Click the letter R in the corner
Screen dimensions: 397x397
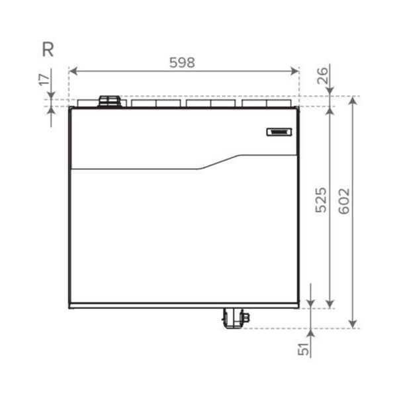[x=47, y=50]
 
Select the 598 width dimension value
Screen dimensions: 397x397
[x=182, y=63]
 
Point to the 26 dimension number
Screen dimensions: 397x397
[x=322, y=76]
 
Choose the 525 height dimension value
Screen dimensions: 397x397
[x=321, y=200]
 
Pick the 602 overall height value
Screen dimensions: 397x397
[x=344, y=200]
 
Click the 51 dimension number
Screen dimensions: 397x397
[x=304, y=349]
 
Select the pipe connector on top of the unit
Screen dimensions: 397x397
[x=110, y=101]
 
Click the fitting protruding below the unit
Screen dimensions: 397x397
[x=234, y=318]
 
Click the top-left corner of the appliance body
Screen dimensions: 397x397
[x=70, y=108]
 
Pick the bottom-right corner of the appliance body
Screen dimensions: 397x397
[x=298, y=308]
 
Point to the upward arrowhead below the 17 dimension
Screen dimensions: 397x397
[x=52, y=111]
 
